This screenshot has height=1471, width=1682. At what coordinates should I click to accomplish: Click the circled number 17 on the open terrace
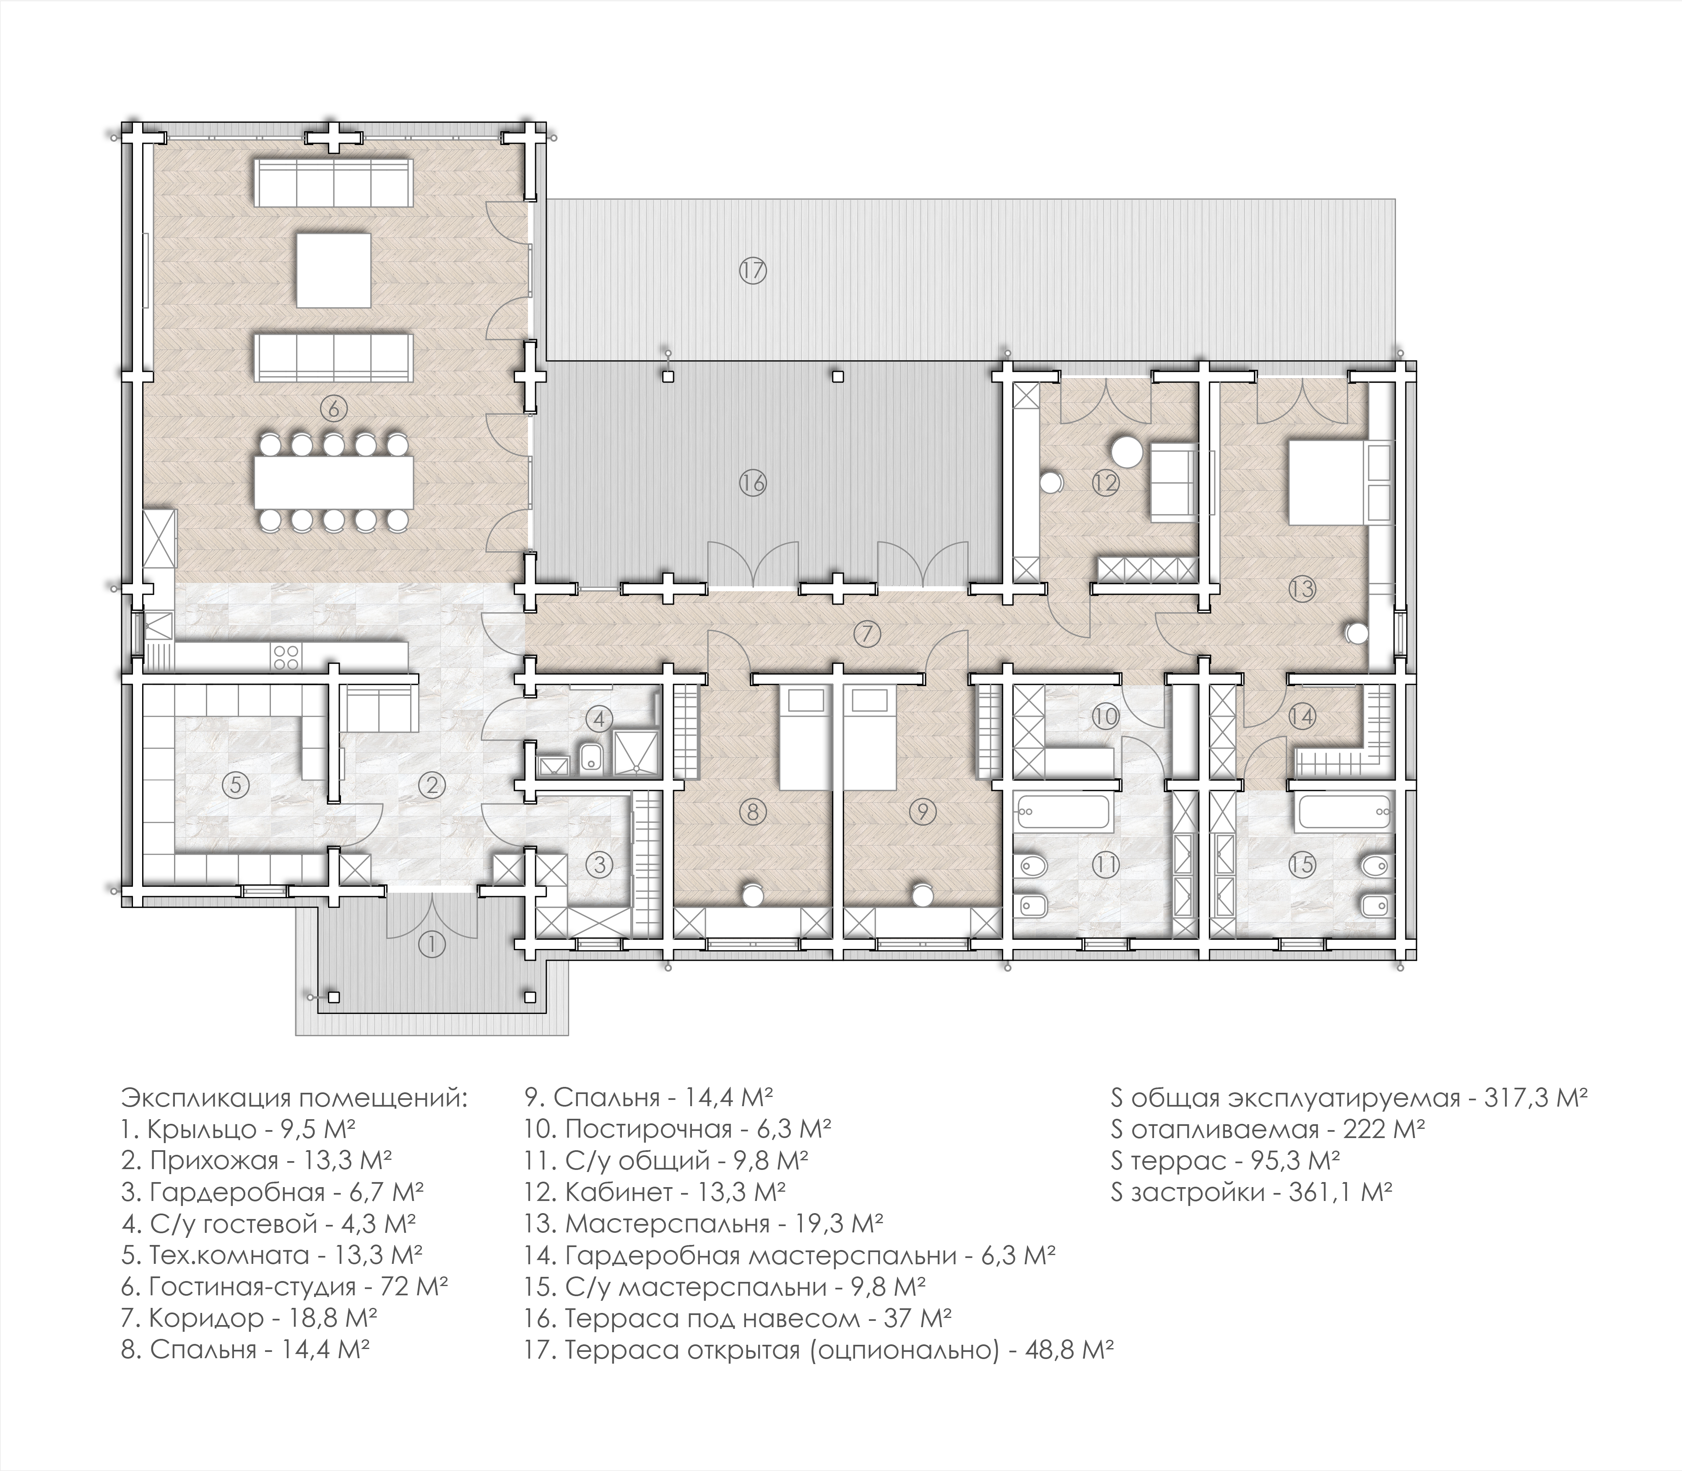tap(752, 270)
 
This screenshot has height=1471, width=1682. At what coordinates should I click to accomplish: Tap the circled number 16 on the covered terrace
tap(752, 483)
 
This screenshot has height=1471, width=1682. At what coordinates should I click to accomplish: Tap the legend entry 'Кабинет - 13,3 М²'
tap(655, 1191)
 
